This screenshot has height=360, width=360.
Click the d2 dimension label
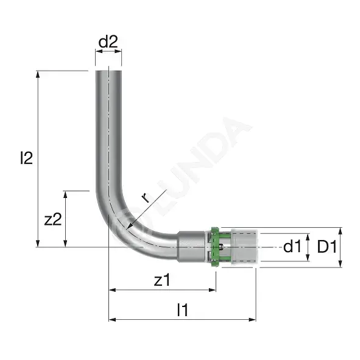point(108,41)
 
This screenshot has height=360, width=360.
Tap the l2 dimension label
point(26,158)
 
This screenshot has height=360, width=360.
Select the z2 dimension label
point(53,219)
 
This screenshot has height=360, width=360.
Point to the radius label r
point(146,198)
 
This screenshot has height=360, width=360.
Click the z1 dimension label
point(162,280)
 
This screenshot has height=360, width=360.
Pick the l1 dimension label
point(183,309)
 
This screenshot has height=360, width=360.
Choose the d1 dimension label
point(292,247)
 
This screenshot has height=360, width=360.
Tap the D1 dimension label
point(327,247)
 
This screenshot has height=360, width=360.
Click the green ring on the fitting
point(216,247)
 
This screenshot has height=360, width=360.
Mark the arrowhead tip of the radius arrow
point(127,229)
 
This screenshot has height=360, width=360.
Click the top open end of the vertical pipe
point(108,71)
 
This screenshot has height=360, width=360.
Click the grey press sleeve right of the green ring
point(244,247)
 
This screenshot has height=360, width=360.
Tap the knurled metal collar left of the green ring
point(191,247)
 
